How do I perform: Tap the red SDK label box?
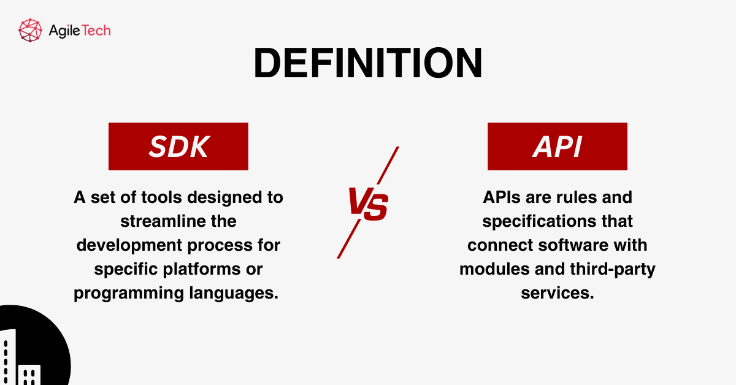point(178,146)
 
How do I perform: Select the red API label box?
point(557,146)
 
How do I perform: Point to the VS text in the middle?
point(368,203)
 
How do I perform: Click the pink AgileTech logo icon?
point(30,29)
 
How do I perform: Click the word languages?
point(233,292)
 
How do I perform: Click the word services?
point(557,292)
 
